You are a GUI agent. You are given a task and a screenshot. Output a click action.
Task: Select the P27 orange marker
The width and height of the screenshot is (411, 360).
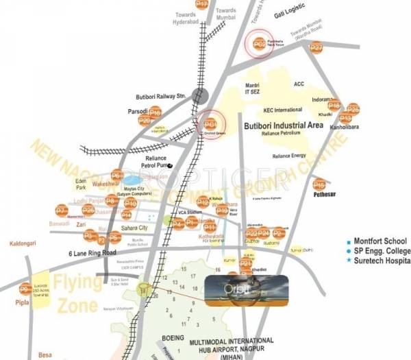click(315, 48)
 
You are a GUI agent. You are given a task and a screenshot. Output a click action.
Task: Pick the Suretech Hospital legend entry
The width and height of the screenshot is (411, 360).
click(385, 261)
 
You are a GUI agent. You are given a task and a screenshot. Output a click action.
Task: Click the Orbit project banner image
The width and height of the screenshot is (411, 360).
click(236, 289)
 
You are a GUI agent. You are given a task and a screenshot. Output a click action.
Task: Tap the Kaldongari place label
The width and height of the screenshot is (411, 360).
click(24, 243)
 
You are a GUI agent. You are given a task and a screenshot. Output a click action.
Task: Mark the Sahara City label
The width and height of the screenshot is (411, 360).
click(134, 228)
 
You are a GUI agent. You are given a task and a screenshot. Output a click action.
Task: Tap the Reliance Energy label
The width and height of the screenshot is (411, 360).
click(290, 156)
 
